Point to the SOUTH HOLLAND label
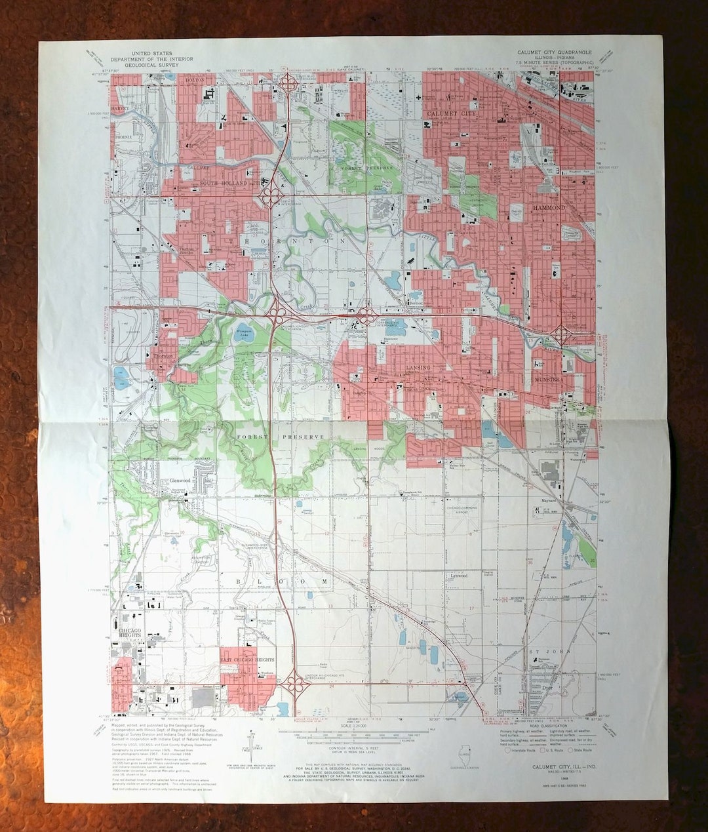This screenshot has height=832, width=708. (x=224, y=183)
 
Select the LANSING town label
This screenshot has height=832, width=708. (x=418, y=368)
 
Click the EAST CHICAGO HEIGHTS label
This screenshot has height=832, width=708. (x=246, y=660)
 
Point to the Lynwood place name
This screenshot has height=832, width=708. (x=458, y=576)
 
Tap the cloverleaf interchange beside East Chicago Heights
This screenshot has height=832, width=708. (x=298, y=686)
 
